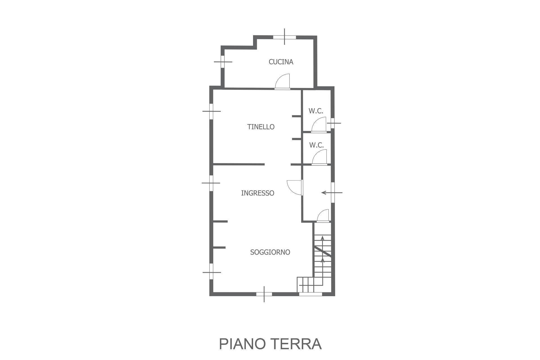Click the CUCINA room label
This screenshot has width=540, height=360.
(281, 62)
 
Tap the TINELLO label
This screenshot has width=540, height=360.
(261, 127)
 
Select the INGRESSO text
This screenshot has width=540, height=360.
(257, 193)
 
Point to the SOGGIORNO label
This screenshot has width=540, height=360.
(270, 252)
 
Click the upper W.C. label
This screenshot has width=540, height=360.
(316, 111)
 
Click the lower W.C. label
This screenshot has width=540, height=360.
(316, 145)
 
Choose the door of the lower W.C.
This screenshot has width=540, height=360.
(319, 158)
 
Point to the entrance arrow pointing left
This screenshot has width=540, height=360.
(332, 193)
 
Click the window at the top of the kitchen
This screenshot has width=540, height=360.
(284, 37)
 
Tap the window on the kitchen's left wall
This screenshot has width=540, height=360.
(222, 62)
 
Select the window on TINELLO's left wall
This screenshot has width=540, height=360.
(211, 111)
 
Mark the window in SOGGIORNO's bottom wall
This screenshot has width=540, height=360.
(264, 294)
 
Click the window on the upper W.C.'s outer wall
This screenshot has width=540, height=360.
(332, 123)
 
